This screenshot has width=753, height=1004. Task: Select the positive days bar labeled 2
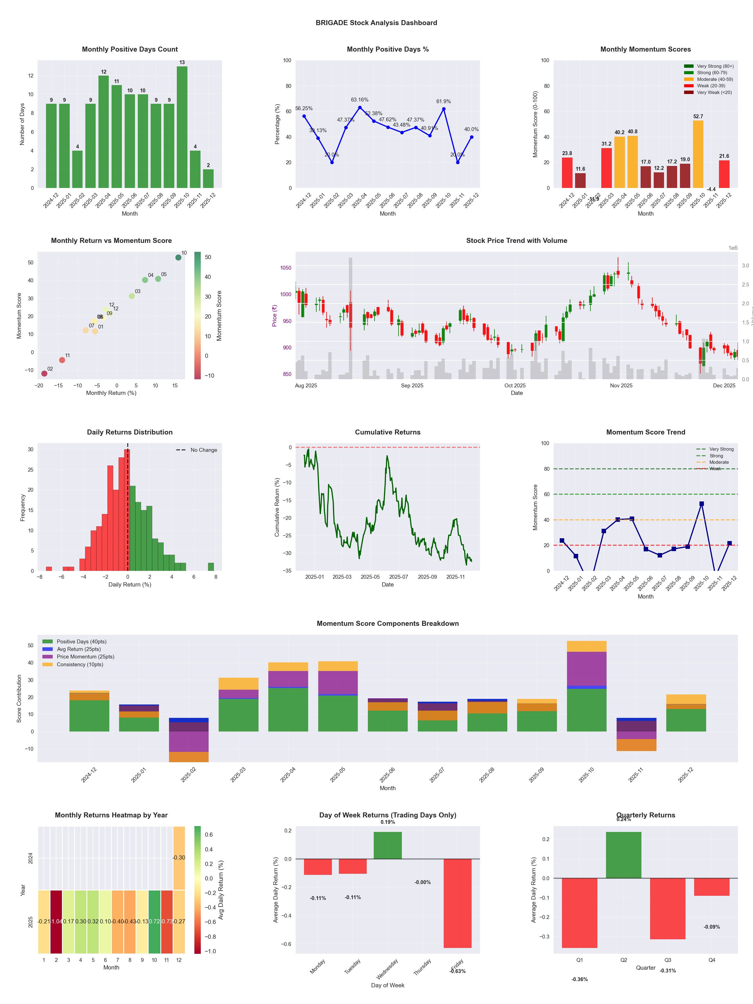point(208,178)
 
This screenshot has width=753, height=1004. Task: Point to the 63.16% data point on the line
point(360,108)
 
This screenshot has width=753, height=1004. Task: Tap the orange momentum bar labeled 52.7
point(698,154)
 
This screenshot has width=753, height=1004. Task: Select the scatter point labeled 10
point(178,257)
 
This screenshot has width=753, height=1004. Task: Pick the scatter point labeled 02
point(44,373)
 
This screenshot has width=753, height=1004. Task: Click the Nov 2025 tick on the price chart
point(621,385)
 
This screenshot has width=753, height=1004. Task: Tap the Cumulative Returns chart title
point(388,432)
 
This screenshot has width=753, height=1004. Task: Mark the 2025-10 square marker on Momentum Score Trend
point(702,504)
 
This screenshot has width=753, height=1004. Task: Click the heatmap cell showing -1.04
point(56,921)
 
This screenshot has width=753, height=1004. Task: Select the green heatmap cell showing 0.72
point(154,921)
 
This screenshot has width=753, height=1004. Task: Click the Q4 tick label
point(712,960)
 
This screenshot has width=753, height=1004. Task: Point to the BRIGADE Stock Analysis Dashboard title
point(376,23)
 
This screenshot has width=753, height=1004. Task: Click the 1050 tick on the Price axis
point(286,268)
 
